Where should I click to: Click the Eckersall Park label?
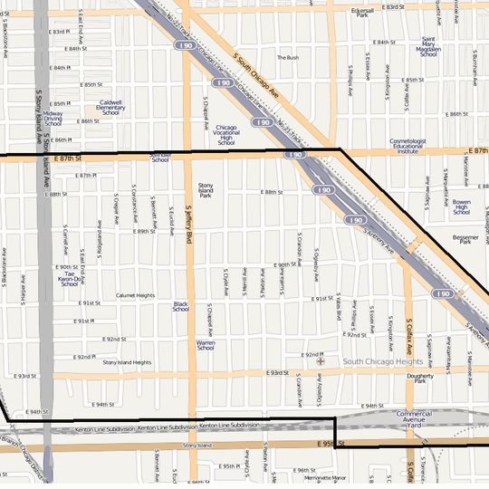(x=362, y=13)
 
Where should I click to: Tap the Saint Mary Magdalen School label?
(x=428, y=47)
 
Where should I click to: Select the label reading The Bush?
(x=287, y=57)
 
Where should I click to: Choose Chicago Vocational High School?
(x=226, y=135)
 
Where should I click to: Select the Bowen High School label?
(x=462, y=206)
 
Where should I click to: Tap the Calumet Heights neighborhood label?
(x=135, y=295)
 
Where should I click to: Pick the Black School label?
(x=180, y=306)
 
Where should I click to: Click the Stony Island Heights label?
(x=127, y=362)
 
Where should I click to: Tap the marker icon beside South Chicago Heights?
(x=320, y=361)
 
